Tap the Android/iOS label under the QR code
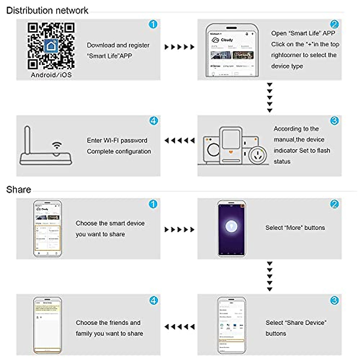point(51,75)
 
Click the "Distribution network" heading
point(47,10)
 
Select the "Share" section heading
point(19,190)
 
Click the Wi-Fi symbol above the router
point(57,145)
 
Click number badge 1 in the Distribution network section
point(153,24)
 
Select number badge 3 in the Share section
point(334,300)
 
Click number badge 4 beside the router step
point(153,121)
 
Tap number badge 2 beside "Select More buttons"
point(334,204)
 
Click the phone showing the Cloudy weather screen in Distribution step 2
point(232,50)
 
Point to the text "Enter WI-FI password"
point(117,140)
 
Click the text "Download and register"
point(118,45)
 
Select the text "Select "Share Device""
point(296,323)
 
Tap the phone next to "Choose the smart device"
point(47,229)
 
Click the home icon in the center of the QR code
point(51,46)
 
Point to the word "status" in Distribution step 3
point(282,161)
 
